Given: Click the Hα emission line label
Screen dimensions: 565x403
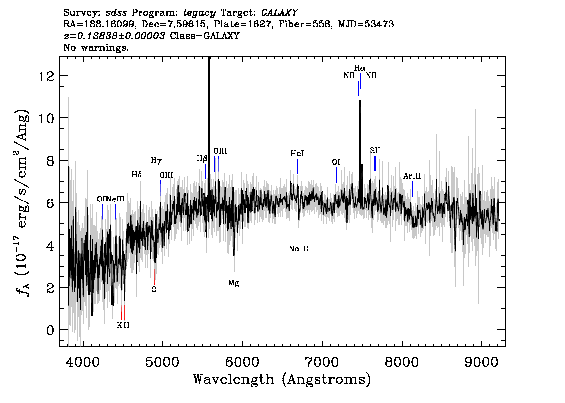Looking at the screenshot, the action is (360, 68).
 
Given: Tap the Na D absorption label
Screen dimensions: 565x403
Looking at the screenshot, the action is (299, 249).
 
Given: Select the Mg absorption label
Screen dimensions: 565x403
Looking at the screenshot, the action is (234, 283).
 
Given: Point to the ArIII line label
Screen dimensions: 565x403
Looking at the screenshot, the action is (412, 176).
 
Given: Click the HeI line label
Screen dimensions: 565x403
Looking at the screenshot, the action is (297, 154).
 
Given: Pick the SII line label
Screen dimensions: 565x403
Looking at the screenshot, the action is (375, 150).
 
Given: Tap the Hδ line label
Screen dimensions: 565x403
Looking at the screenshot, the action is (136, 175).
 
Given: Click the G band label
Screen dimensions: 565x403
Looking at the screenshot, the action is (154, 289).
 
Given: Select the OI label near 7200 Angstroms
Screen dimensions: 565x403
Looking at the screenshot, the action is (336, 162).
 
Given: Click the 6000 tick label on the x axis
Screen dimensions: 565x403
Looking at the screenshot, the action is (242, 362).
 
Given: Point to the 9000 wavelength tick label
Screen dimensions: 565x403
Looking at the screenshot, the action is (481, 362).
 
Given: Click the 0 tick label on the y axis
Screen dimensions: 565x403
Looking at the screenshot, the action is (50, 330).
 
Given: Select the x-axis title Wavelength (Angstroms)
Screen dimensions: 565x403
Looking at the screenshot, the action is (282, 379).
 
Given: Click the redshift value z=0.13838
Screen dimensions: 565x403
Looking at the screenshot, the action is (115, 36).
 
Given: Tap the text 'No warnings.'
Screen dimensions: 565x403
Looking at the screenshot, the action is (96, 47).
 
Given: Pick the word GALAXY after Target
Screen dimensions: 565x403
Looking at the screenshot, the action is (279, 13).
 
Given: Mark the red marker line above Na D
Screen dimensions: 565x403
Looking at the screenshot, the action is (299, 236).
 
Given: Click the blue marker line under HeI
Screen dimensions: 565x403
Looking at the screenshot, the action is (297, 166).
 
